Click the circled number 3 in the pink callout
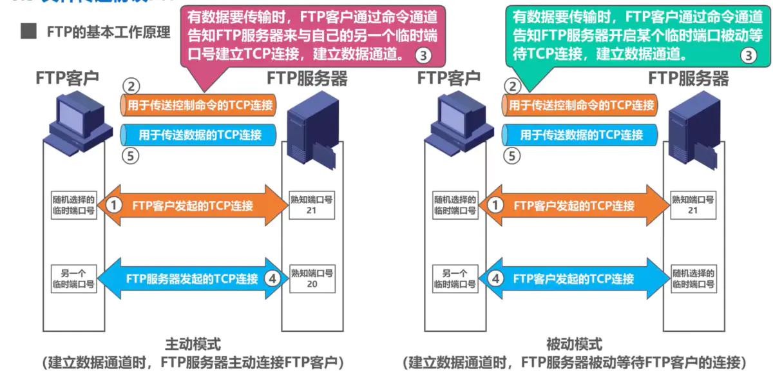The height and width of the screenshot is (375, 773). [423, 55]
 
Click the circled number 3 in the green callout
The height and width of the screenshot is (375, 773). [748, 55]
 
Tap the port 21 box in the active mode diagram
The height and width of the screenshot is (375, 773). [312, 206]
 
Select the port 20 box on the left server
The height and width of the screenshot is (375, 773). [312, 278]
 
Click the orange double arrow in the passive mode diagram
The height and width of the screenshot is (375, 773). [575, 206]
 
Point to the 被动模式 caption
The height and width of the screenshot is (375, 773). [574, 343]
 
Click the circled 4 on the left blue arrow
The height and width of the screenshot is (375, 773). [272, 278]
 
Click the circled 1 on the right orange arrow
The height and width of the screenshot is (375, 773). [495, 206]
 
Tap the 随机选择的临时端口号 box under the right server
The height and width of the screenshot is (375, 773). [693, 278]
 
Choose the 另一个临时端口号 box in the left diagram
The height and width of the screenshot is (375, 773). [73, 278]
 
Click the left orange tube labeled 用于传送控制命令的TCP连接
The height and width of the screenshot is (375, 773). [198, 105]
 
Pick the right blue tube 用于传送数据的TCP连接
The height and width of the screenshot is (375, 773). [580, 135]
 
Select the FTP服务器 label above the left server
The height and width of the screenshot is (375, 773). [307, 79]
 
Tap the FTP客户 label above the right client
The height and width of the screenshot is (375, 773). [449, 79]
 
